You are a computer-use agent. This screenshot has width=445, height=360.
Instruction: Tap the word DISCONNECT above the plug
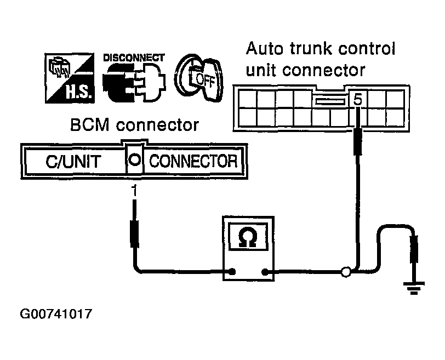[133, 57]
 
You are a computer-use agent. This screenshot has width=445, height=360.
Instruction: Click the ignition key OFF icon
[197, 79]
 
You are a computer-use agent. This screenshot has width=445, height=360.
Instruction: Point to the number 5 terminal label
[358, 100]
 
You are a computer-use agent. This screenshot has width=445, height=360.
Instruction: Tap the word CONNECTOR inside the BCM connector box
[193, 162]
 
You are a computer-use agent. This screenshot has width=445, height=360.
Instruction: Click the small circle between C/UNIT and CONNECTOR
[134, 162]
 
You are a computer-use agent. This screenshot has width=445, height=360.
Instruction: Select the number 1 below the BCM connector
[133, 191]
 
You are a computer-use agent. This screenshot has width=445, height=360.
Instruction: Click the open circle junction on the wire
[345, 271]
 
